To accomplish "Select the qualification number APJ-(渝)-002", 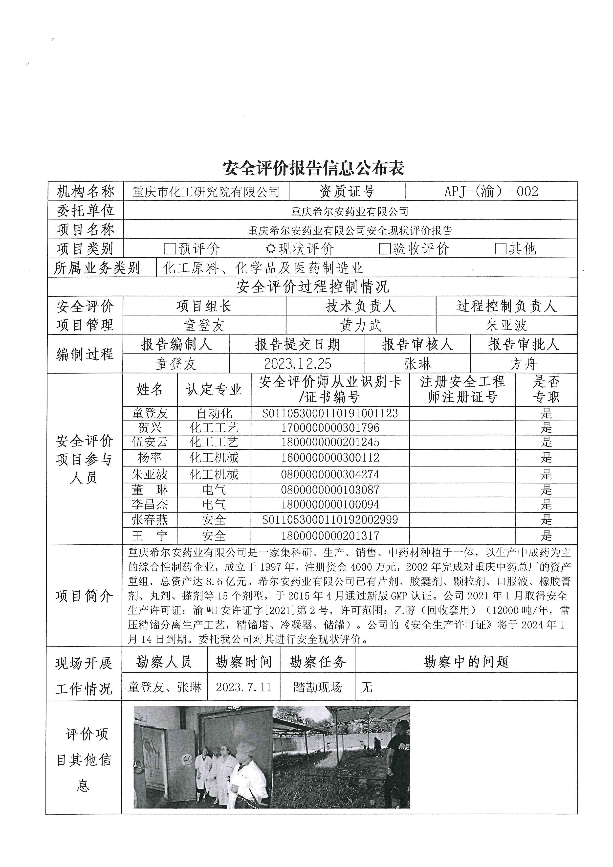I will (491, 191).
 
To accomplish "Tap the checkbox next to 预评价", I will (170, 248).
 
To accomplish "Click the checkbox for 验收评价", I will (384, 248).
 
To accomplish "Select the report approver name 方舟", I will (523, 364).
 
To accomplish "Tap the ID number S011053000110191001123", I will (330, 414).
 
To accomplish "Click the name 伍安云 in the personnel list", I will (150, 442).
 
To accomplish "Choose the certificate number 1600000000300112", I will (330, 458).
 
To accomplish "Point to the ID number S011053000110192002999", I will (330, 520).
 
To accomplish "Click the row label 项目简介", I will (84, 596).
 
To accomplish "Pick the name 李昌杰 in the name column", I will (150, 505).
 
